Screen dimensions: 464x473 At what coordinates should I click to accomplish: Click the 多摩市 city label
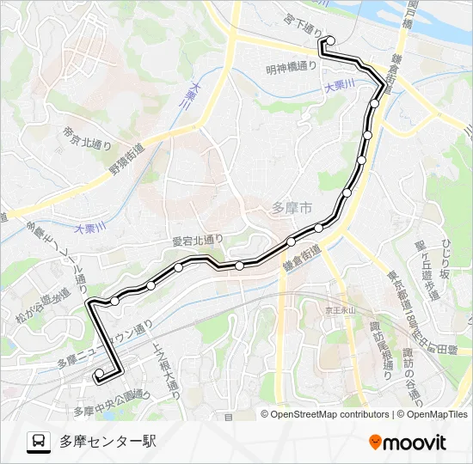point(292,207)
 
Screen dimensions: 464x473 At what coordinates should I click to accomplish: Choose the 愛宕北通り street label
point(197,241)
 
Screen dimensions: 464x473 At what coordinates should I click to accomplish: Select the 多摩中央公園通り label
point(111,400)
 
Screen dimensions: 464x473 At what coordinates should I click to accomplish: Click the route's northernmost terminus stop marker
point(330,40)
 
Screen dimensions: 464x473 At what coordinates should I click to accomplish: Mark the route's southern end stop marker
point(100,373)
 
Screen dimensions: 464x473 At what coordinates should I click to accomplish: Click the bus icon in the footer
point(39,442)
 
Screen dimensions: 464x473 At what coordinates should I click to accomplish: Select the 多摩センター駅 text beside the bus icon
point(107,442)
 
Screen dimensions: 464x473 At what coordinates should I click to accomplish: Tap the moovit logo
point(408,442)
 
